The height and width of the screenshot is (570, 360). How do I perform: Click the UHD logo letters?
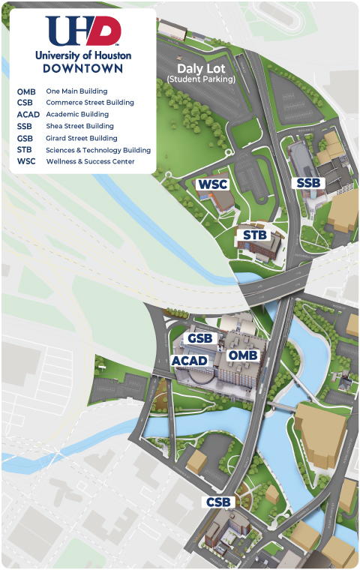pyautogui.click(x=82, y=31)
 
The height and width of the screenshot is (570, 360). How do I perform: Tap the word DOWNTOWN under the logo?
pyautogui.click(x=82, y=67)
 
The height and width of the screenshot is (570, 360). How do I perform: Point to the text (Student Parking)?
pyautogui.click(x=201, y=79)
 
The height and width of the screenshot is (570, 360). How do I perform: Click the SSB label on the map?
pyautogui.click(x=309, y=183)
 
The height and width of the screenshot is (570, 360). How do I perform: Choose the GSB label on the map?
pyautogui.click(x=201, y=339)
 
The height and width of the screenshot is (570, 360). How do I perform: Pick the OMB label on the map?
pyautogui.click(x=243, y=355)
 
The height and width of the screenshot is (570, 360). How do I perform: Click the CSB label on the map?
pyautogui.click(x=221, y=502)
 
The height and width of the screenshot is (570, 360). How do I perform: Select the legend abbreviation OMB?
pyautogui.click(x=26, y=91)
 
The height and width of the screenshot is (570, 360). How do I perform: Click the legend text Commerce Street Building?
pyautogui.click(x=90, y=103)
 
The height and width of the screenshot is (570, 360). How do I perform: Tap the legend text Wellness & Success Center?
pyautogui.click(x=90, y=161)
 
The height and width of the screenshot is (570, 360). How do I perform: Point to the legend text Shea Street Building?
pyautogui.click(x=79, y=127)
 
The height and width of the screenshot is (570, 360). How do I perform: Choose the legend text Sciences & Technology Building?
pyautogui.click(x=98, y=150)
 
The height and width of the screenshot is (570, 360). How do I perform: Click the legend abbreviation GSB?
pyautogui.click(x=25, y=138)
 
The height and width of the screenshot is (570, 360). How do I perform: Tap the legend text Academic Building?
pyautogui.click(x=77, y=115)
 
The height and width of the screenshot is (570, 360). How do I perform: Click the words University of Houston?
pyautogui.click(x=82, y=55)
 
